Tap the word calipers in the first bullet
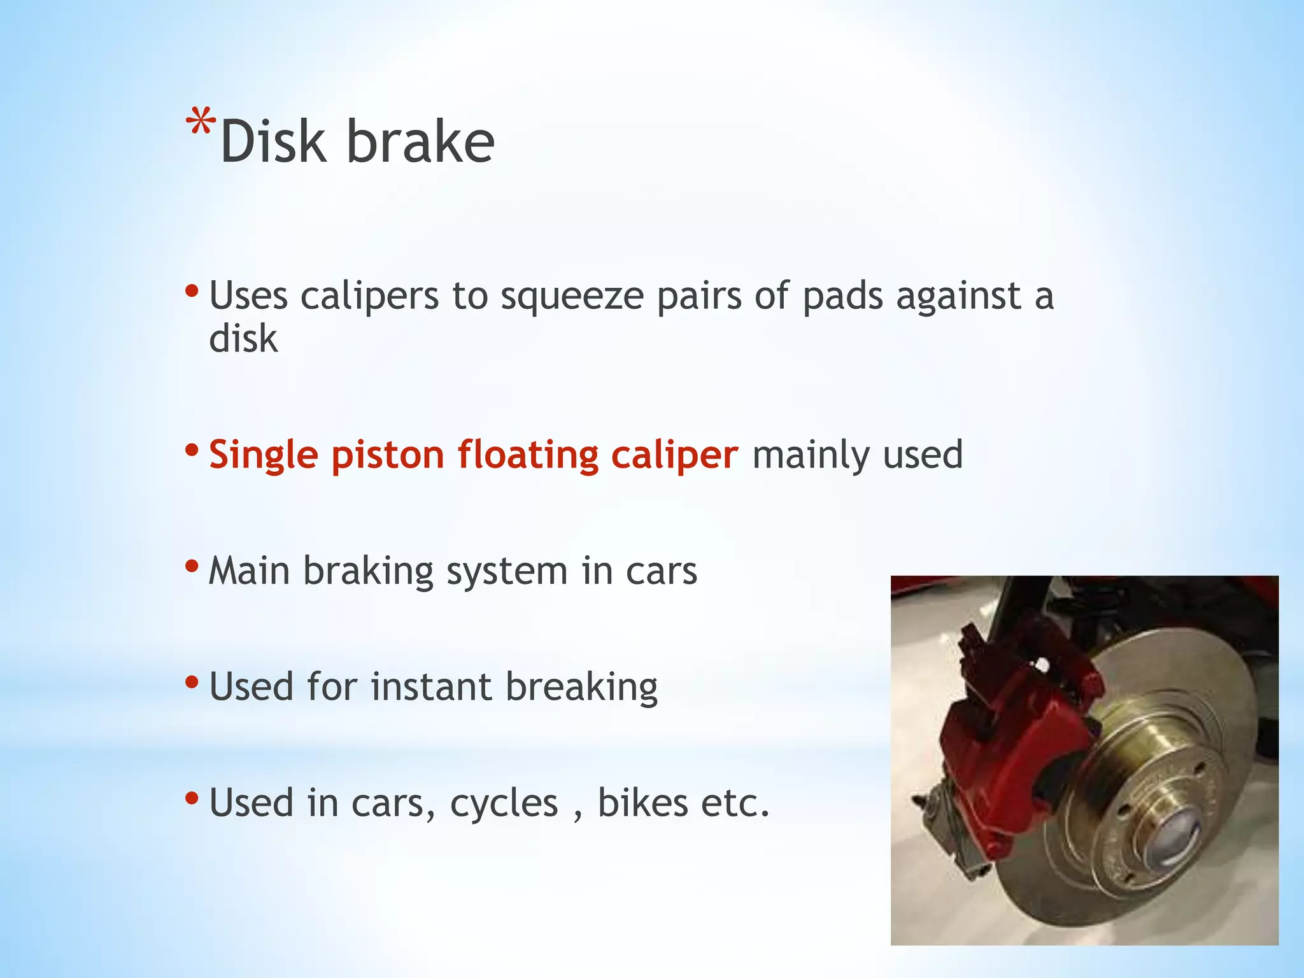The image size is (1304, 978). (369, 297)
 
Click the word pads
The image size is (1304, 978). (842, 297)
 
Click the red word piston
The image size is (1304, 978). (387, 456)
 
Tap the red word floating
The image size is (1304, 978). (527, 456)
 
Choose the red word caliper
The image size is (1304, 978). (674, 456)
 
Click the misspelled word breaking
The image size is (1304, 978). (581, 688)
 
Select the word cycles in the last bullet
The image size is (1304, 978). (504, 804)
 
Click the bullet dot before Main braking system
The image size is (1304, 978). (192, 565)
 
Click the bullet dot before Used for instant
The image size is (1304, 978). (192, 681)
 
